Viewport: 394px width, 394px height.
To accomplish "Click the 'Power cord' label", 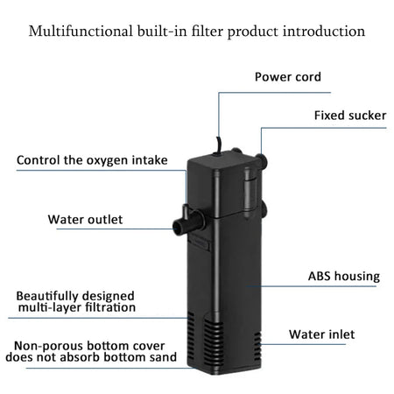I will click(287, 77).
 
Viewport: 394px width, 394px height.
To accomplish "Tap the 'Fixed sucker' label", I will click(349, 116).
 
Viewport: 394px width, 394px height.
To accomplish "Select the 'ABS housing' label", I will click(343, 277).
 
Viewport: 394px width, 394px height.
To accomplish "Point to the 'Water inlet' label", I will click(333, 334).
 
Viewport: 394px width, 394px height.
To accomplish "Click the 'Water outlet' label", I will click(85, 219).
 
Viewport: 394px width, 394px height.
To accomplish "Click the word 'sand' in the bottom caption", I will click(162, 357).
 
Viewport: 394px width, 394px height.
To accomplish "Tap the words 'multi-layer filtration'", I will click(77, 307).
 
